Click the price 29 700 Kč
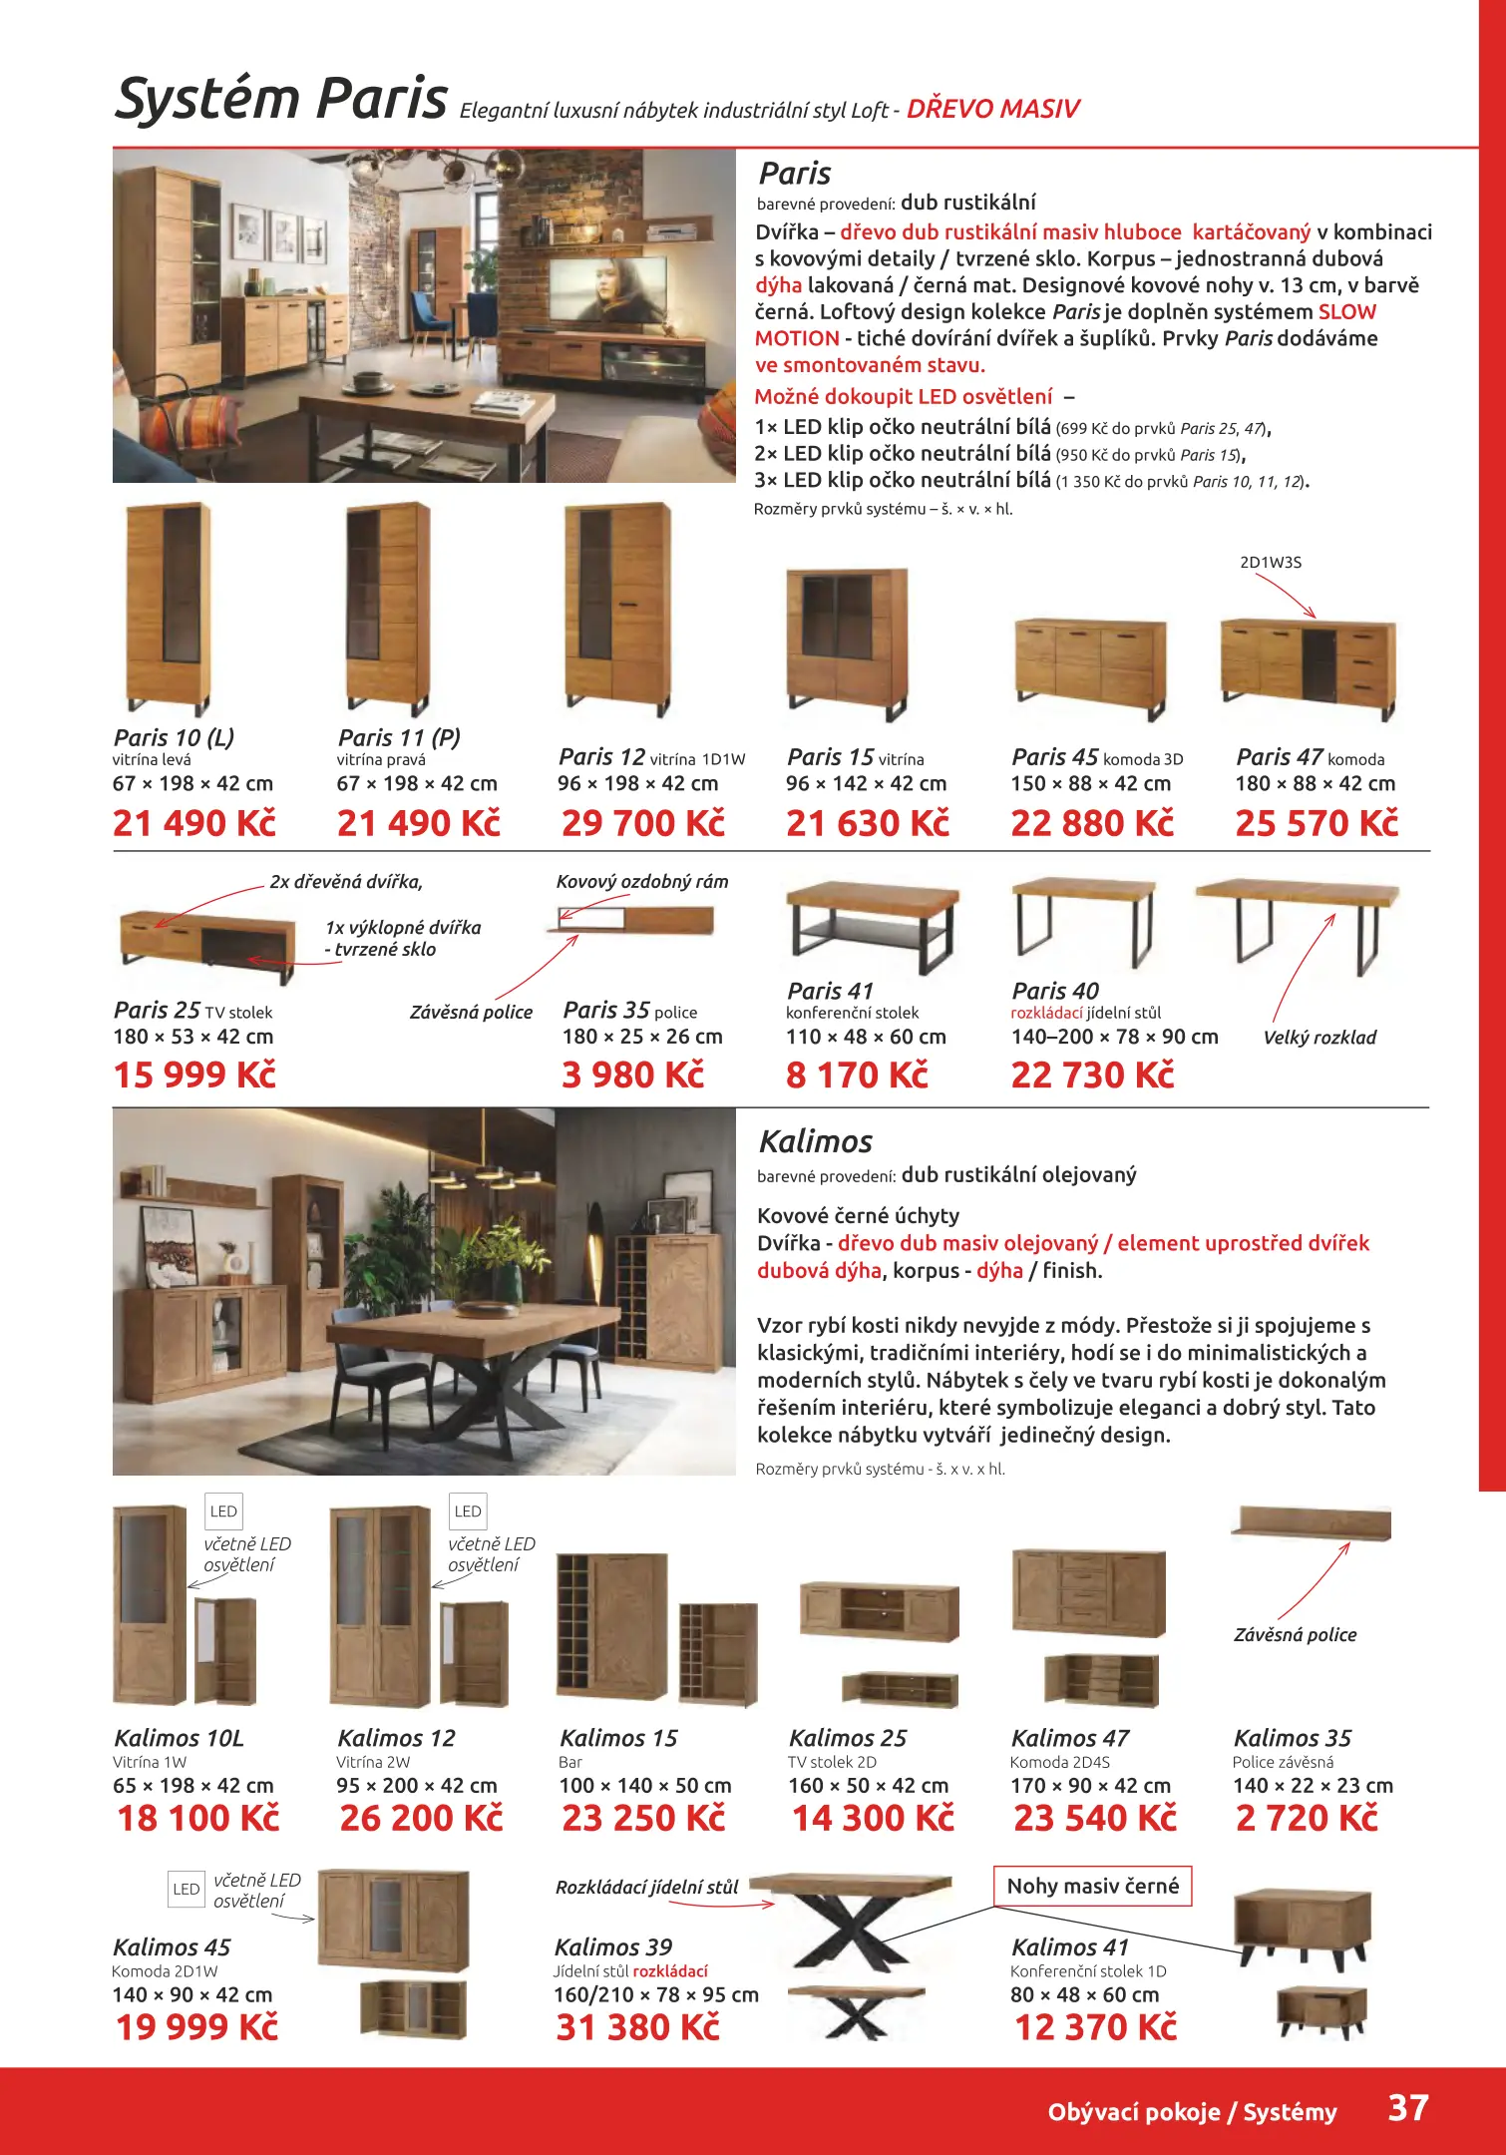pos(642,823)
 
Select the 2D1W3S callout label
pos(1270,563)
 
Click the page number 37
pos(1407,2108)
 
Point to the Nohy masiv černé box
pos(1092,1886)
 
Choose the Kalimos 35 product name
pos(1292,1738)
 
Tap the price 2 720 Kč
pos(1306,1818)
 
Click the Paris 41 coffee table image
pos(872,924)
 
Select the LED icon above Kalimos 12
pos(467,1511)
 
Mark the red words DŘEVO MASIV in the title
pos(992,109)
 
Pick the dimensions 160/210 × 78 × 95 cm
pos(655,1994)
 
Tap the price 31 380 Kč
pos(637,2027)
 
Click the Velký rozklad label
pos(1318,1038)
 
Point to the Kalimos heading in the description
pos(815,1141)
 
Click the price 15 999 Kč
pos(194,1075)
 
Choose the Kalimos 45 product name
pos(172,1946)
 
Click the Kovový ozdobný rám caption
pos(641,882)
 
